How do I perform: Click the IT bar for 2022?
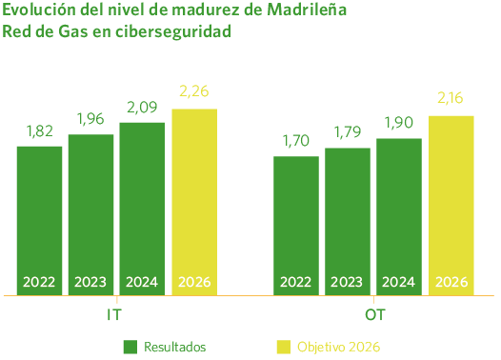[x=39, y=219]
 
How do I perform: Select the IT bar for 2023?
[x=90, y=213]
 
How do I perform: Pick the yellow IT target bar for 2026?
[x=194, y=200]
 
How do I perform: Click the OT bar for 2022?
[x=296, y=225]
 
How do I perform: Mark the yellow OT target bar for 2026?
[x=451, y=204]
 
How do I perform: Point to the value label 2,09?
[x=142, y=108]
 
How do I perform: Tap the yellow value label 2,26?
[x=194, y=92]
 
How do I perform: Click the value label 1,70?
[x=296, y=142]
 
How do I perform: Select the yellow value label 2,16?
[x=451, y=98]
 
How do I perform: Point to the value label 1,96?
[x=90, y=120]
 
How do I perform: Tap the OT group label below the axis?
[x=373, y=313]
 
